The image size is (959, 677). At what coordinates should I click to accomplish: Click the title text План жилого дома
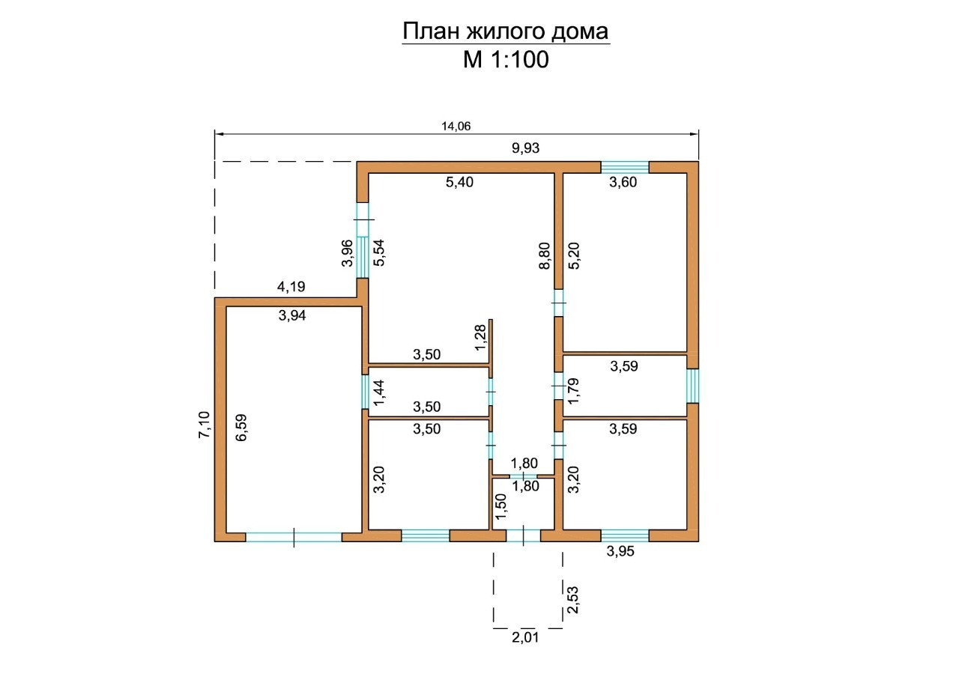coord(506,31)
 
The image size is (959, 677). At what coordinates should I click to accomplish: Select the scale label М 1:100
coord(506,59)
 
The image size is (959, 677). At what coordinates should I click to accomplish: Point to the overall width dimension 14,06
coord(456,126)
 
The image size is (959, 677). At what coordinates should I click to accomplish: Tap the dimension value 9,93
coord(525,148)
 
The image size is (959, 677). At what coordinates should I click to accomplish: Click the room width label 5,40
coord(459,181)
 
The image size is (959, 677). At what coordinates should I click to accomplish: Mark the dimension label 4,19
coord(291,286)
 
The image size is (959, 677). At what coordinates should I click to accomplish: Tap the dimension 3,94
coord(291,315)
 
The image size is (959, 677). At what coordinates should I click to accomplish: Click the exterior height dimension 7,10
coord(205,425)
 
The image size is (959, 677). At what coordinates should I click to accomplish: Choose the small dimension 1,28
coord(480,336)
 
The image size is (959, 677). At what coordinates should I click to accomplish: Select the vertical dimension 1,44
coord(378,392)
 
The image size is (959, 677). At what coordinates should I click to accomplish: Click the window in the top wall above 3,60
coord(625,166)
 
